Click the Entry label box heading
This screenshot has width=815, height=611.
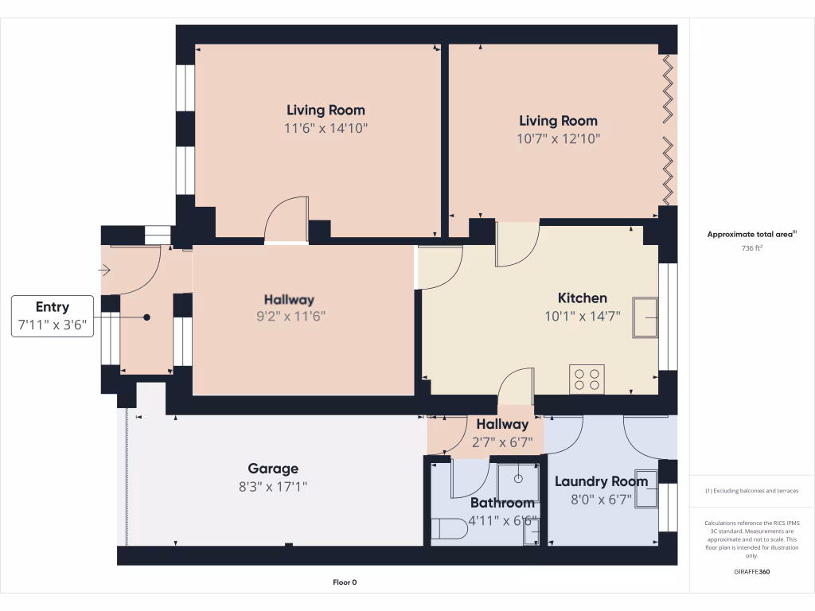coord(53,307)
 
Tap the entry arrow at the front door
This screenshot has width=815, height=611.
coord(104,271)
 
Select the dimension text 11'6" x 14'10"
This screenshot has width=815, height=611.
coord(326,127)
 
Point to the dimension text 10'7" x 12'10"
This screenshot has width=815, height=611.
coord(558,138)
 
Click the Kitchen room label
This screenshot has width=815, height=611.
coord(582,298)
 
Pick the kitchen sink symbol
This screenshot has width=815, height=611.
coord(645,317)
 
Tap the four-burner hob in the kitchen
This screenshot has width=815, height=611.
coord(587,379)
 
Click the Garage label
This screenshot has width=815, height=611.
coord(273,469)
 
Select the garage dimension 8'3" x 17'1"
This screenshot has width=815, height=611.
coord(273,486)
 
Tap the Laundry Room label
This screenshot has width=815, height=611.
coord(601,481)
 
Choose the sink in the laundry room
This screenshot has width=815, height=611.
coord(645,494)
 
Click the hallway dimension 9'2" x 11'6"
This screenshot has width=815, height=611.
coord(289,316)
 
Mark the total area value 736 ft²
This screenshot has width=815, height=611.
coord(751,247)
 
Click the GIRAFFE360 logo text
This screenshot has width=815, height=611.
coord(751,572)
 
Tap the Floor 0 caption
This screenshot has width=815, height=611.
coord(350,582)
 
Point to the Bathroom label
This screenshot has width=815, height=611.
coord(501,503)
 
